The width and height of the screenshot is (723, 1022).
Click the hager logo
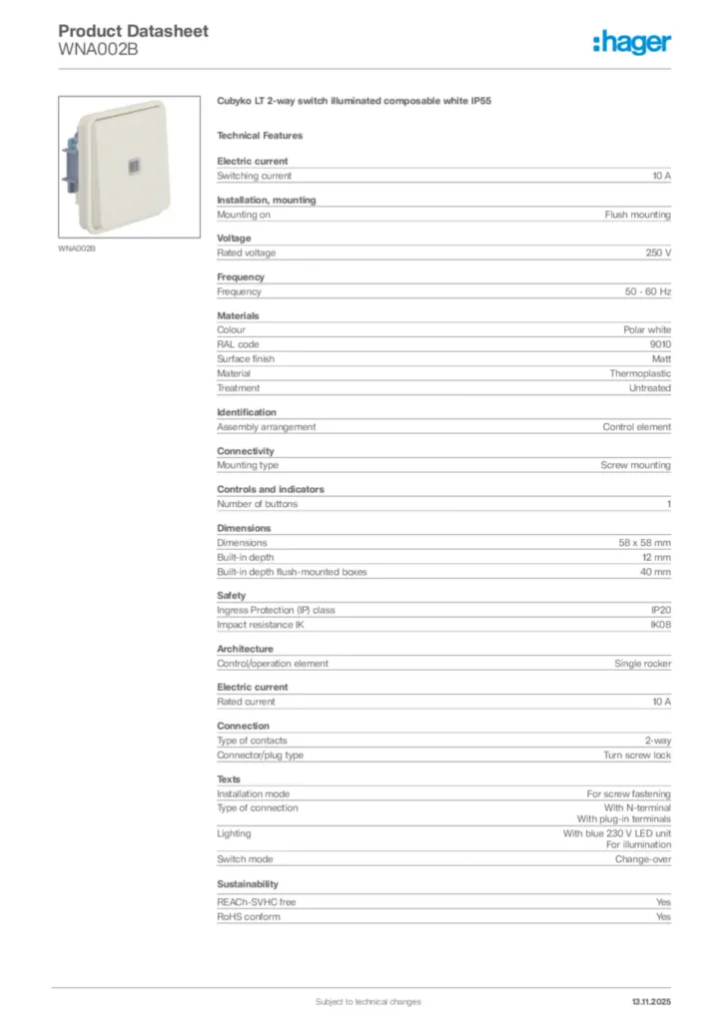[x=631, y=42]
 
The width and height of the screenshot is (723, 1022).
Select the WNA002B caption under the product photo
[x=77, y=248]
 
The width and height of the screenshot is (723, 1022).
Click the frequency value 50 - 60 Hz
[x=647, y=292]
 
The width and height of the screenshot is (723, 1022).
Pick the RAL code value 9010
[x=660, y=344]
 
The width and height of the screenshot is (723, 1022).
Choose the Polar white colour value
[x=647, y=329]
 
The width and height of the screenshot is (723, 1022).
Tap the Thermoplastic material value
[x=640, y=373]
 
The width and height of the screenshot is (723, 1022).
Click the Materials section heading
[x=238, y=315]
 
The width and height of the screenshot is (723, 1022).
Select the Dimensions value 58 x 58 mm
[x=644, y=543]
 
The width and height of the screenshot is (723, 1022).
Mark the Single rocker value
[x=642, y=664]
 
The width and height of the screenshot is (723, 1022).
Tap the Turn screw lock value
[x=637, y=756]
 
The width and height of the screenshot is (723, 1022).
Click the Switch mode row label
[x=245, y=859]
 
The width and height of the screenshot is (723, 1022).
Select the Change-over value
[x=642, y=859]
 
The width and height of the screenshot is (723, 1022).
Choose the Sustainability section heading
[x=248, y=884]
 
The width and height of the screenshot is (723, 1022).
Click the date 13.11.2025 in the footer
[x=651, y=1001]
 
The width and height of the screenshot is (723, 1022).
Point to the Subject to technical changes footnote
[x=367, y=1001]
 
